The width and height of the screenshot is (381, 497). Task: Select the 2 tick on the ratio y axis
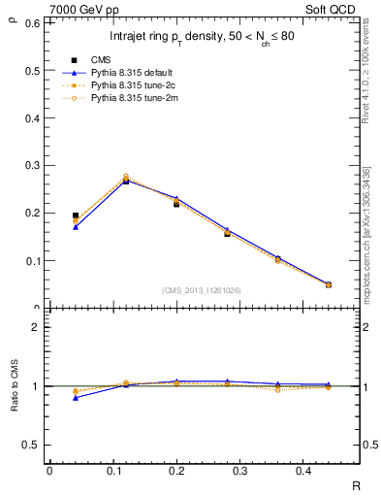(35, 327)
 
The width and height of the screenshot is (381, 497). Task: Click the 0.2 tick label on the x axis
(173, 471)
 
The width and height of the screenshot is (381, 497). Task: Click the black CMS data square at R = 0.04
(76, 215)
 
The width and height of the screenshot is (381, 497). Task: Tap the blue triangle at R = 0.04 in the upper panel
(76, 227)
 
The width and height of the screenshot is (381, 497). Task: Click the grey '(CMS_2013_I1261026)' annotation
(202, 290)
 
